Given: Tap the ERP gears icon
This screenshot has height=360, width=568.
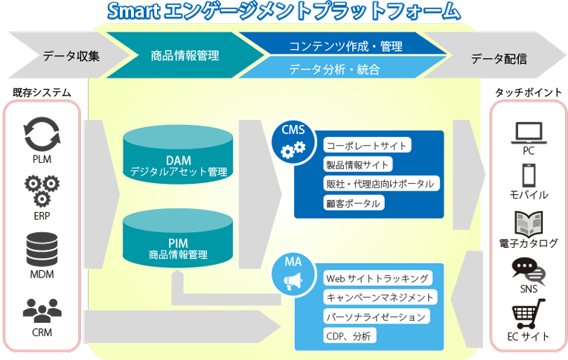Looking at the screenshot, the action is coord(42,191).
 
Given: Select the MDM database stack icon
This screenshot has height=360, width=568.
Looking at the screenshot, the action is coord(42,249).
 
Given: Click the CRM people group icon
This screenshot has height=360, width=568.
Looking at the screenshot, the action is coord(42,310).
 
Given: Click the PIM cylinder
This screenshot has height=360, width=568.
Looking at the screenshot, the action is coord(178,238).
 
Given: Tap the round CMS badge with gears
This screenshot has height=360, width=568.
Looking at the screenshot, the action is coord(293,142).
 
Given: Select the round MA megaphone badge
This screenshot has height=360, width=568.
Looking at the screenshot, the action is coord(293,274).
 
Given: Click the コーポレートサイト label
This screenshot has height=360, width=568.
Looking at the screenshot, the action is coord(367,145).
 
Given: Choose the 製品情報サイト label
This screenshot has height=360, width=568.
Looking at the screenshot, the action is coord(357,164).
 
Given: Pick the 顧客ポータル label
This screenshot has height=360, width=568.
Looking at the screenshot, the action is coord(354,203).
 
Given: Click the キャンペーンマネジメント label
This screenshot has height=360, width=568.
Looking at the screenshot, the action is coord(380,297).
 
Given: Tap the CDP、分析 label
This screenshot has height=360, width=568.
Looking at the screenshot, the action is coord(350,335).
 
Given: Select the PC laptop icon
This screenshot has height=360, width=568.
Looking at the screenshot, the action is coord(529,133).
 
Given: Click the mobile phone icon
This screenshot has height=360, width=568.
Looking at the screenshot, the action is coord(529,176).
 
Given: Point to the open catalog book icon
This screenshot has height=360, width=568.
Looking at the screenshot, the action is coord(529,224).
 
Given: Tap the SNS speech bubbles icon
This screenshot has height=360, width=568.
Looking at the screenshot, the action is coord(529,271).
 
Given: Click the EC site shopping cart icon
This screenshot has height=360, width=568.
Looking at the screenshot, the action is coord(528,313).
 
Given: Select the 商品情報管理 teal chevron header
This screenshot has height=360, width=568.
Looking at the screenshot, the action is coord(185,55).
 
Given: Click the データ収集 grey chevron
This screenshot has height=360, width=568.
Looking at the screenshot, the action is coord(68,55).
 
